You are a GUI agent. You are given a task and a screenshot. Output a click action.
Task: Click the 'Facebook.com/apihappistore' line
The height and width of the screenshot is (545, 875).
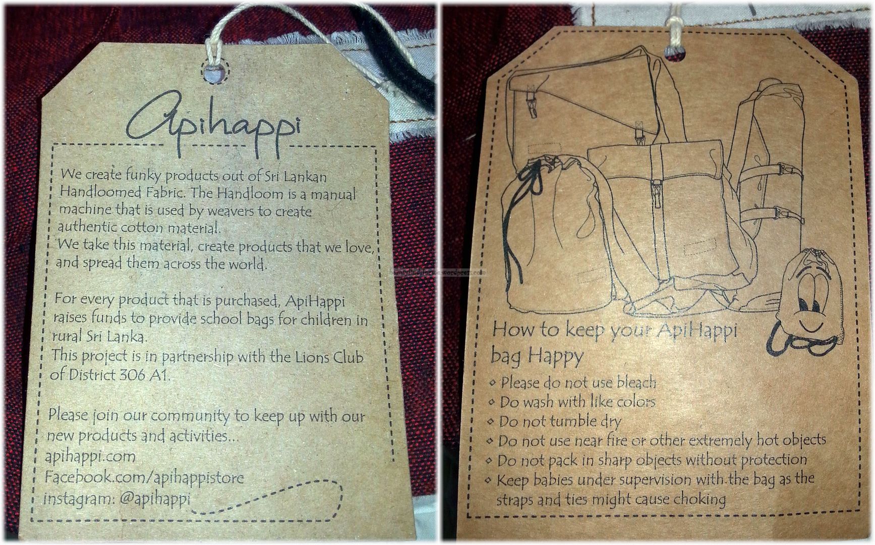144,477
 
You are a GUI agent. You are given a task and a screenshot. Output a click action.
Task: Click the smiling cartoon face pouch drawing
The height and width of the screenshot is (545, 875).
796,303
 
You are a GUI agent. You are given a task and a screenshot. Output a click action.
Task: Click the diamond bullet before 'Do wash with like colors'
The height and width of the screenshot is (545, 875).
492,403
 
